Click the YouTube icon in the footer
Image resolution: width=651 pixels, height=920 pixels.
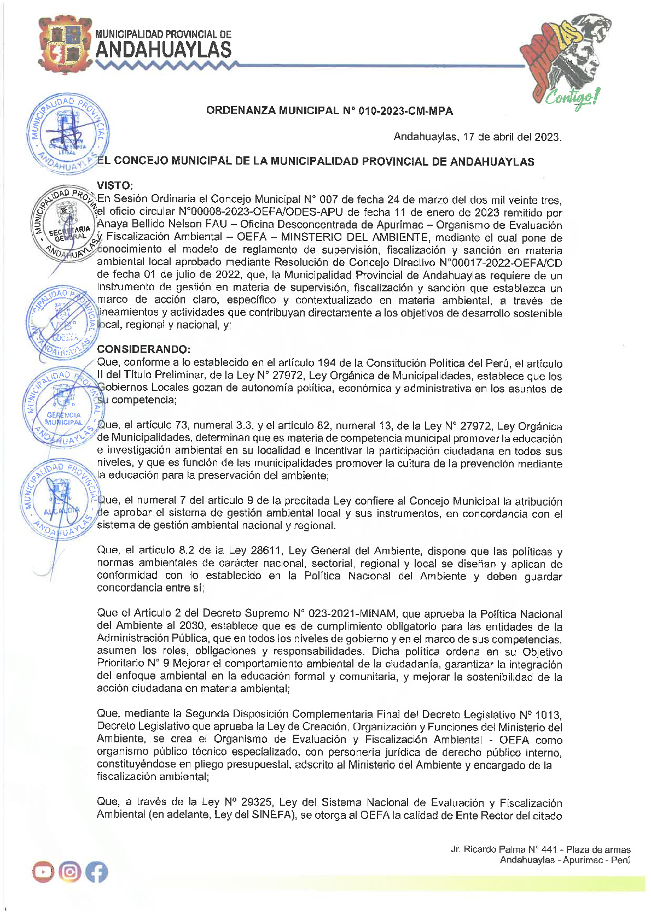[x=43, y=872]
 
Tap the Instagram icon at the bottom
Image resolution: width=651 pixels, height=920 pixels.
[x=70, y=872]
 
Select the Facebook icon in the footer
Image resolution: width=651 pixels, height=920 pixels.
[x=96, y=872]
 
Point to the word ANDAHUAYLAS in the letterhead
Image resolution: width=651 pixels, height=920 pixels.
[x=163, y=50]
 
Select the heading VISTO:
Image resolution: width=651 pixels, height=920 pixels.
[x=115, y=186]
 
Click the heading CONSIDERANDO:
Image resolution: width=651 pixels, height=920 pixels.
[x=144, y=349]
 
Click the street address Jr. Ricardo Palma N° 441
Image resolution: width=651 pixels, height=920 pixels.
[x=503, y=849]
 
